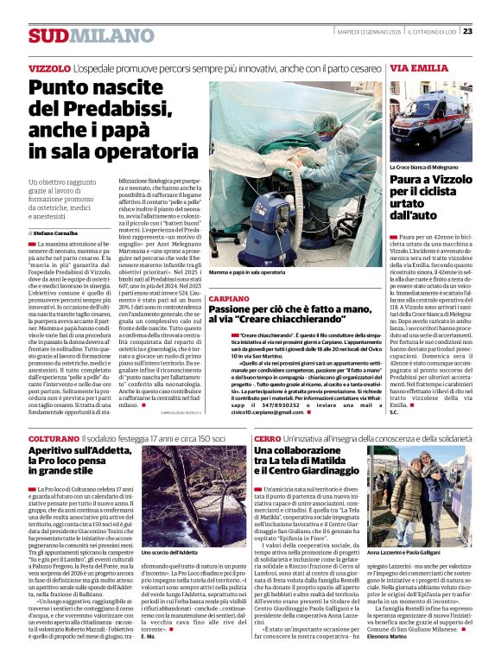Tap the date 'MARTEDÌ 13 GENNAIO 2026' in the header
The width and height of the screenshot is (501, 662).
(366, 31)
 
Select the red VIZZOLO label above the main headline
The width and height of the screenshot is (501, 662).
(49, 67)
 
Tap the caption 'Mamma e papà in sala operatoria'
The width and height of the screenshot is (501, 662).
(247, 272)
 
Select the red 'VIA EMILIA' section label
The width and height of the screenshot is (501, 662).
(419, 67)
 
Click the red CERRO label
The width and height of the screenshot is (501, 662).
(267, 439)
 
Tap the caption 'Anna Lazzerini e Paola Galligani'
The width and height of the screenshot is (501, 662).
(405, 551)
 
